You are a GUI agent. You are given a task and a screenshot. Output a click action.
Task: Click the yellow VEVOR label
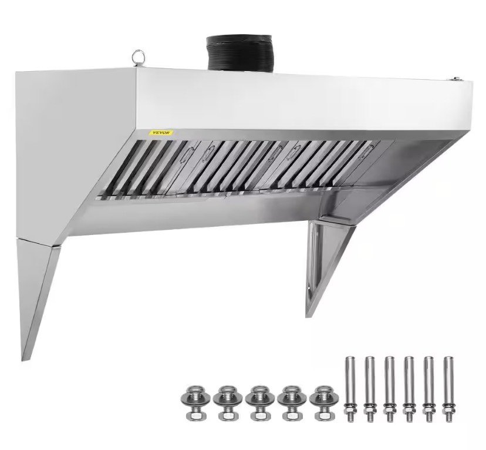tap(161, 133)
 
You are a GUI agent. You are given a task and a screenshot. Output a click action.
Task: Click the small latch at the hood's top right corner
tap(455, 79)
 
